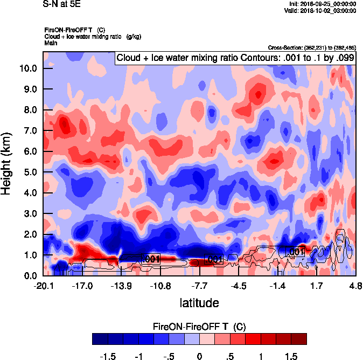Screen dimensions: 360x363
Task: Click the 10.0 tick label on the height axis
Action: pyautogui.click(x=29, y=68)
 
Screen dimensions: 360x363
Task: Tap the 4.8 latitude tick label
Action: pyautogui.click(x=355, y=286)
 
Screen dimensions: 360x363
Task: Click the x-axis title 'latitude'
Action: pyautogui.click(x=199, y=303)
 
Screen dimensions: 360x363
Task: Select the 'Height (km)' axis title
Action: pyautogui.click(x=7, y=164)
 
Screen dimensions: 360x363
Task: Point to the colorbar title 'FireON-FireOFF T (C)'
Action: pyautogui.click(x=199, y=327)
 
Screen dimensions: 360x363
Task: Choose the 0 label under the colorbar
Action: pyautogui.click(x=199, y=356)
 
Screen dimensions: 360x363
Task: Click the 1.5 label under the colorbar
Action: pyautogui.click(x=291, y=356)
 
